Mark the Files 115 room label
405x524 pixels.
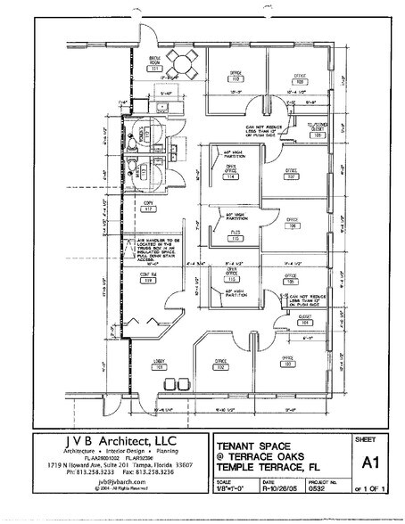tap(235, 237)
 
